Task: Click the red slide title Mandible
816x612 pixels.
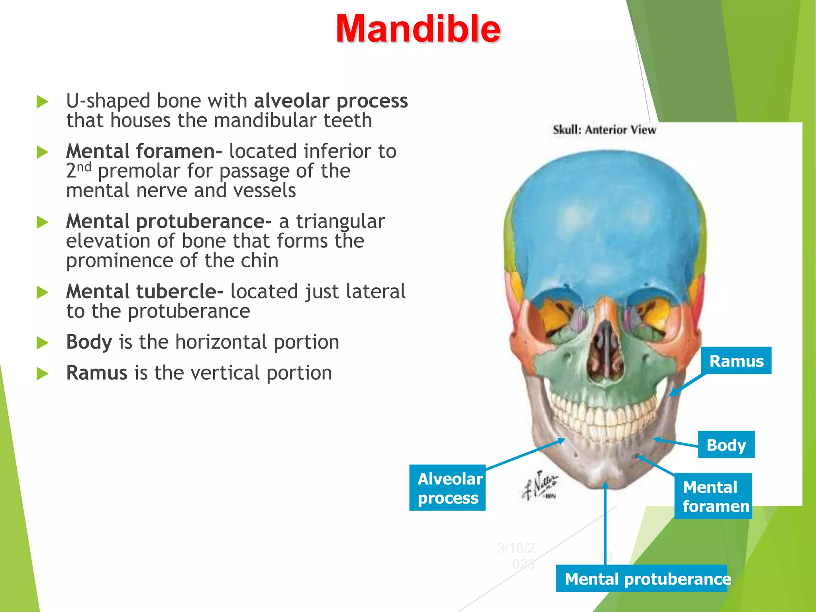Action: coord(418,29)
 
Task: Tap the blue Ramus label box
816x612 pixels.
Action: coord(736,361)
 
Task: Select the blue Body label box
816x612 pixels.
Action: coord(726,445)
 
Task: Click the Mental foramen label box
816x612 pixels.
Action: coord(713,496)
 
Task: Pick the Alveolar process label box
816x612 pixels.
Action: coord(447,488)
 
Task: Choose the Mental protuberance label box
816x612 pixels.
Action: coord(641,579)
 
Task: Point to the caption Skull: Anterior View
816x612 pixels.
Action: coord(604,130)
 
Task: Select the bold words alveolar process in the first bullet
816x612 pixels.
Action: coord(331,101)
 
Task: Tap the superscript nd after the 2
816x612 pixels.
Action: coord(84,167)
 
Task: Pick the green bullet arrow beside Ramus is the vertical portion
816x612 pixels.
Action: coord(42,374)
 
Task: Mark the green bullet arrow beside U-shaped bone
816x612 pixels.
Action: coord(42,102)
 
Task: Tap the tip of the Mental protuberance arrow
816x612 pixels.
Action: coord(605,484)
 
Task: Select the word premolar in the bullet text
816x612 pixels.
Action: coord(139,171)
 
